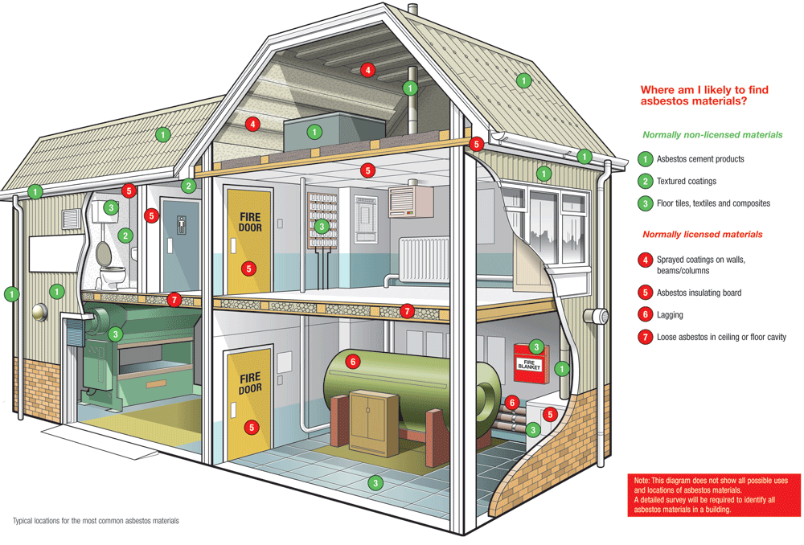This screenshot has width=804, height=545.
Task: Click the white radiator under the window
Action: click(423, 260)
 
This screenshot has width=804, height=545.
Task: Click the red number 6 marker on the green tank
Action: click(352, 362)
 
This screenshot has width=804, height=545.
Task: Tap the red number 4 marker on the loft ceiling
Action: click(367, 70)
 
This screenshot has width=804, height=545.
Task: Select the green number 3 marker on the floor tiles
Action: click(374, 483)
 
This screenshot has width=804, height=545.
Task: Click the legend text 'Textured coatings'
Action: click(686, 182)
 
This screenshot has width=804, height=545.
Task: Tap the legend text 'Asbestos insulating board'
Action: click(699, 293)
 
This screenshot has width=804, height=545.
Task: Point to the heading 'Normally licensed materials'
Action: click(702, 235)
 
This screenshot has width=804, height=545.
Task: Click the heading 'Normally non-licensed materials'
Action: click(712, 135)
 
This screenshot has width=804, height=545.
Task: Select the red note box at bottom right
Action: click(714, 494)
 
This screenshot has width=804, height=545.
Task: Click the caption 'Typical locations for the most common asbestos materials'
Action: click(96, 521)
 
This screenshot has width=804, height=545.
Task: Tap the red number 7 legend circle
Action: click(645, 338)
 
